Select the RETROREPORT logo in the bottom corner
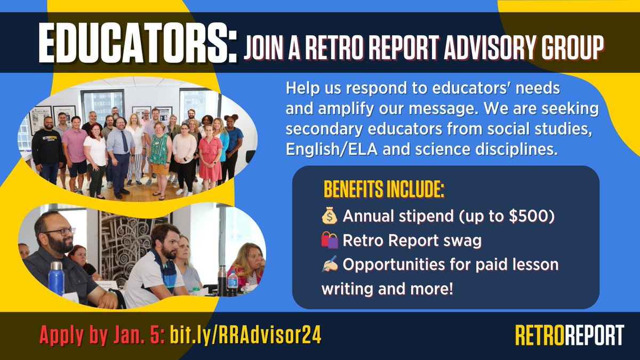pos(569,335)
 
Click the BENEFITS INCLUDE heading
pos(383,191)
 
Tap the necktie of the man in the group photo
pos(124,142)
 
